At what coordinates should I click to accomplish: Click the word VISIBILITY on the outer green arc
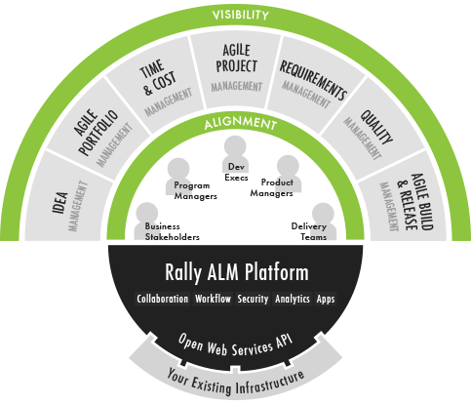241,15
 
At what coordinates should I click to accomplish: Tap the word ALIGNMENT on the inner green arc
241,123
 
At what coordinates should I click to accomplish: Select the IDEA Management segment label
70,206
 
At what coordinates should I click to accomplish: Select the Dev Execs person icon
235,153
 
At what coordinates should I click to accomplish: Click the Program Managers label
195,191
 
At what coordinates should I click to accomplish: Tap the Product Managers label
272,188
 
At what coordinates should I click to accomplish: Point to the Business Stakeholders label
173,231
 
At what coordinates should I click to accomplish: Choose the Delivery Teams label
309,231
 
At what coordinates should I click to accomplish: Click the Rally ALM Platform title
237,272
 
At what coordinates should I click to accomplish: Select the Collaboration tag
163,299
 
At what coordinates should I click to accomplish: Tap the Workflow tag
213,299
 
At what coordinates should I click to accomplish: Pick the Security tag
253,299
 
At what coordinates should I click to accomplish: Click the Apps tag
326,299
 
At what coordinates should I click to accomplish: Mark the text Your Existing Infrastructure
236,384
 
